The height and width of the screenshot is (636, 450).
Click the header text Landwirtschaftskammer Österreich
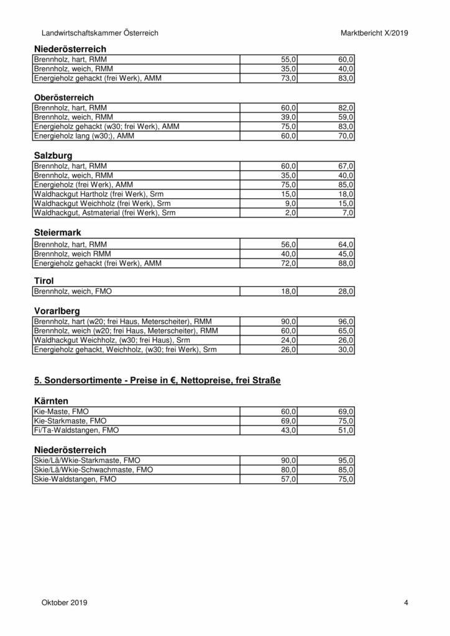[100, 32]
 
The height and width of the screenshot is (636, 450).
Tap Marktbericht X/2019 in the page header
[374, 32]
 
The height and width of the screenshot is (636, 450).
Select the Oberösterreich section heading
[63, 98]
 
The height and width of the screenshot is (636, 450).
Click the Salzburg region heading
[53, 156]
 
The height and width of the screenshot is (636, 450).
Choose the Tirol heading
[44, 281]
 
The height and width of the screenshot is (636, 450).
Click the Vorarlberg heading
[57, 311]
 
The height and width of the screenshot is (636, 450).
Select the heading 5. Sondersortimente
[157, 380]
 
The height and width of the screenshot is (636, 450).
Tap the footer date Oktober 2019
[65, 602]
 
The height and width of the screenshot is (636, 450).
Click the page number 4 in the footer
[405, 602]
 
